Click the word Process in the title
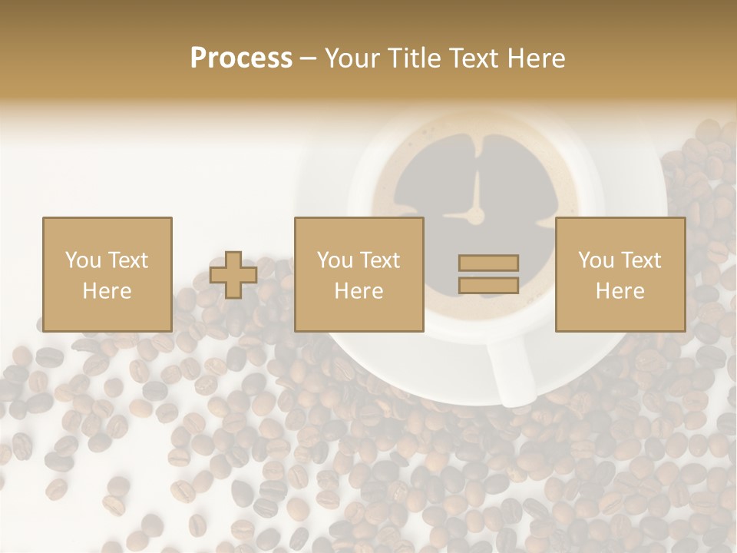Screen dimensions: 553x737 pos(241,58)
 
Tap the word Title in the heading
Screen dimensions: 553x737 pos(413,58)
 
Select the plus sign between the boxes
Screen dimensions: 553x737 pos(234,275)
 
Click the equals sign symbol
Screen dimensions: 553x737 pos(488,274)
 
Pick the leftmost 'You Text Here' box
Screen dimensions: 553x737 pos(107,274)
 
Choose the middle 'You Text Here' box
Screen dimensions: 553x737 pos(359,274)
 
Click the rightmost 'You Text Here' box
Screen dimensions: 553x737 pos(620,274)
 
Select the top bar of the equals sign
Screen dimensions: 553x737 pos(488,263)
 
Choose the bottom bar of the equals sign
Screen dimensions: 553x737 pos(488,285)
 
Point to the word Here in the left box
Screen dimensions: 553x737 pos(107,291)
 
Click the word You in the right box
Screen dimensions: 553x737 pos(596,260)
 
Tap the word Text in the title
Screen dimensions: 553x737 pos(472,58)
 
